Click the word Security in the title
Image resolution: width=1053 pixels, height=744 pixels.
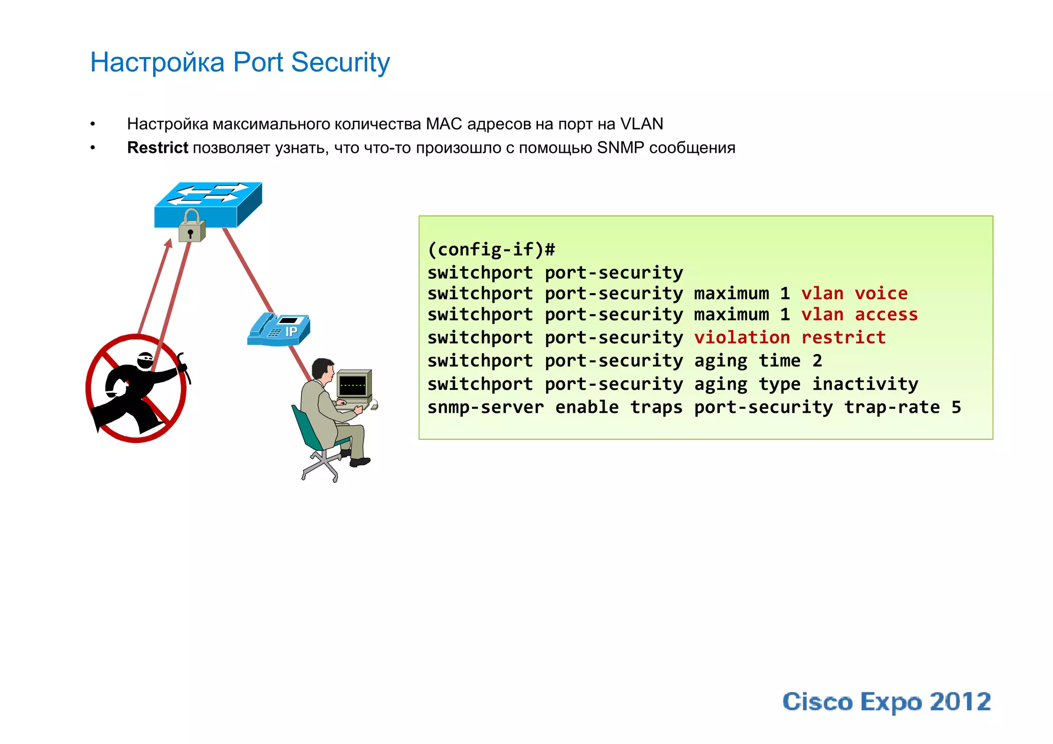tap(340, 62)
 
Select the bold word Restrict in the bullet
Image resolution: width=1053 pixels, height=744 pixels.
tap(157, 148)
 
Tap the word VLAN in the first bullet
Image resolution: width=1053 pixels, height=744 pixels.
tap(641, 124)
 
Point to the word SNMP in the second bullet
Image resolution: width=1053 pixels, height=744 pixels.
tap(620, 148)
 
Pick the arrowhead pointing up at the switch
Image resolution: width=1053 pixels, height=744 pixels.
tap(169, 243)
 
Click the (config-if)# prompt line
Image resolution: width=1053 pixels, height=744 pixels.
tap(491, 250)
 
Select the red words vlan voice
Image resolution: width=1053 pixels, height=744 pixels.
tap(854, 293)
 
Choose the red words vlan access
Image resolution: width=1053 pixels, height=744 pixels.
tap(859, 314)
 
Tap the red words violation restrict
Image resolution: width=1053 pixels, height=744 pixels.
tap(790, 337)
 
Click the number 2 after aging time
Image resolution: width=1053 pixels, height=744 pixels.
tap(817, 360)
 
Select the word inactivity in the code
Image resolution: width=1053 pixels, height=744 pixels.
tap(865, 384)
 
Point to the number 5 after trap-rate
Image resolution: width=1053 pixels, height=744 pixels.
tap(956, 407)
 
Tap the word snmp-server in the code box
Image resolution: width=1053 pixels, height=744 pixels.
tap(485, 407)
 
